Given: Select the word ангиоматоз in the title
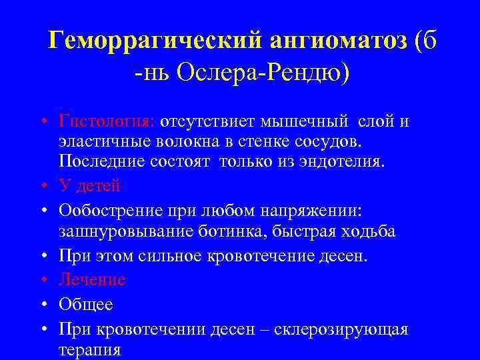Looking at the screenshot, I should click(338, 42).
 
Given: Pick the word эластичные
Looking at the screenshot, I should click(101, 141).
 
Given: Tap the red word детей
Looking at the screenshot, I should click(101, 185).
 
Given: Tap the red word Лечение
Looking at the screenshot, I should click(92, 279).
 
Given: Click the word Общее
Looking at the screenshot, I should click(86, 305).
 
